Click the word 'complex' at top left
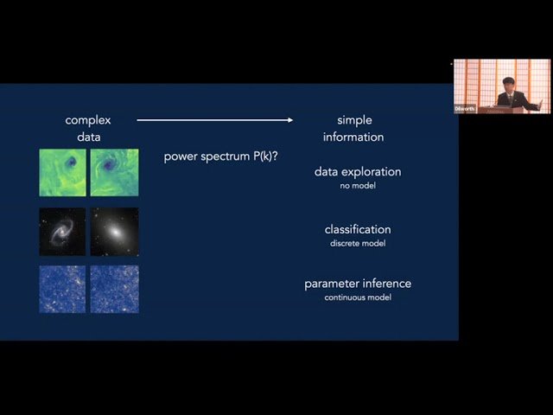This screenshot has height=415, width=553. tap(88, 120)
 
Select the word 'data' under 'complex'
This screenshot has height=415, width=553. tap(88, 137)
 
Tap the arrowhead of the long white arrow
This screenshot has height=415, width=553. tap(289, 120)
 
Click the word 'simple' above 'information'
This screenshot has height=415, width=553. tap(354, 120)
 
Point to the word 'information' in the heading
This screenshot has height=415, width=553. tap(353, 137)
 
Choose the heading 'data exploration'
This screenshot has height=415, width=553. tap(358, 171)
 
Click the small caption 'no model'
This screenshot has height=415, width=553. tap(358, 185)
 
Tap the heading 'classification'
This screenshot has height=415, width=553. tap(358, 229)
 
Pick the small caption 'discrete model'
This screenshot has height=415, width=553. tap(358, 242)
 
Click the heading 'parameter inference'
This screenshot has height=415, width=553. tap(358, 284)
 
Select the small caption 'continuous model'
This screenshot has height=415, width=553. tap(358, 297)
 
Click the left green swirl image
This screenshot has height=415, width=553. tap(62, 172)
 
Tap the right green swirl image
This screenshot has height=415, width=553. tap(114, 172)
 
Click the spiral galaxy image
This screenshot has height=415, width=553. tap(62, 231)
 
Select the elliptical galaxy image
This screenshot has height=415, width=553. tap(114, 231)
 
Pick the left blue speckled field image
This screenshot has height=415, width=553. tap(62, 289)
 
